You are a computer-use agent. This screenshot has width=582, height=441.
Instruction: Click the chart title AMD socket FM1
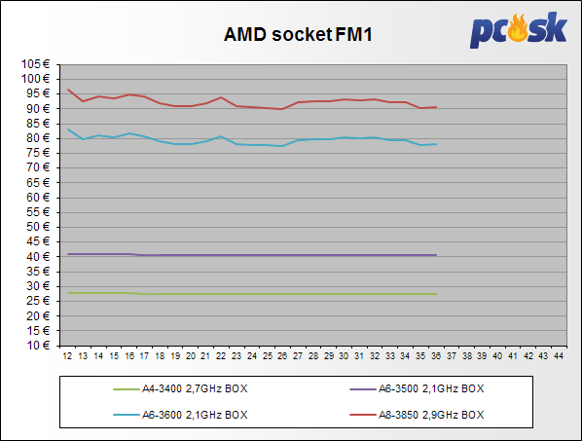click(x=298, y=34)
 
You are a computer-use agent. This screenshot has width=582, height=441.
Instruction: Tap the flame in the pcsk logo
click(x=518, y=27)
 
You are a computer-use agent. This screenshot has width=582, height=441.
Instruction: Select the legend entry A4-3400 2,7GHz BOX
click(x=180, y=388)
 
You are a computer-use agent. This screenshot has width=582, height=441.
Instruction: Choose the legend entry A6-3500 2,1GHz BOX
click(x=417, y=388)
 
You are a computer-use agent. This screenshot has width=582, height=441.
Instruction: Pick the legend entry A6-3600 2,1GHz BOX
click(x=180, y=415)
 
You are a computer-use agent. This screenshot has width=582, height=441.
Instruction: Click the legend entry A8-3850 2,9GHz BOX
click(x=417, y=415)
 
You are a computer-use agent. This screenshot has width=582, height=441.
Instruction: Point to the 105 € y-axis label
click(x=36, y=64)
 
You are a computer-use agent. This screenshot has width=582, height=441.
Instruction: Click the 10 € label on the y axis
click(x=38, y=346)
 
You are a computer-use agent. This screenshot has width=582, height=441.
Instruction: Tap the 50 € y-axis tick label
click(x=38, y=227)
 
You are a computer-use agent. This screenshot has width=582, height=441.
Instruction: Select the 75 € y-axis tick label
click(x=38, y=153)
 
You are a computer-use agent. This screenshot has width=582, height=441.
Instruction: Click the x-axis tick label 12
click(x=67, y=356)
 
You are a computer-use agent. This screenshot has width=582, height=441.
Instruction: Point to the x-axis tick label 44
click(x=559, y=356)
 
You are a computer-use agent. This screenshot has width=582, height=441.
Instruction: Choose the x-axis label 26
click(x=282, y=356)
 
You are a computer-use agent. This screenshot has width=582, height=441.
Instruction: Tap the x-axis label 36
click(x=436, y=356)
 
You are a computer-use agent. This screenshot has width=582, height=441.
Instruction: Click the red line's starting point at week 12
click(x=68, y=90)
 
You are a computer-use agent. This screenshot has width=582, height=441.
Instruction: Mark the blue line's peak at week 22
click(x=221, y=136)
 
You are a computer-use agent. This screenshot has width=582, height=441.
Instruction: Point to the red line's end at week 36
click(x=436, y=107)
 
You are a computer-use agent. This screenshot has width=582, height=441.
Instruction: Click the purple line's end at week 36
click(x=436, y=255)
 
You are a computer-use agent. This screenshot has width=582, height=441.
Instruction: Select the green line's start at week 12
click(x=68, y=293)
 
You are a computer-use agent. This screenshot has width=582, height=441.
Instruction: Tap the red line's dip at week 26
click(x=282, y=109)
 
